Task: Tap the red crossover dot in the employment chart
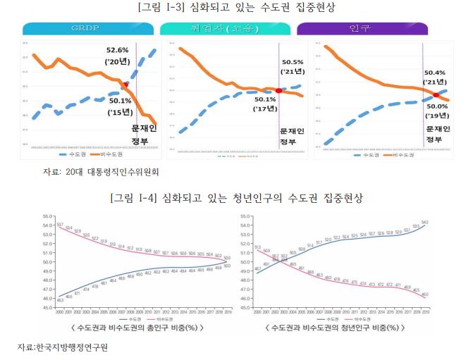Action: point(279,91)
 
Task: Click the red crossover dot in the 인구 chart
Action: point(436,94)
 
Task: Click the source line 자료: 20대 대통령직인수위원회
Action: point(101,171)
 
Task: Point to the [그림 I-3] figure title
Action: point(235,8)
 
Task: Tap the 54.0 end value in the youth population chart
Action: point(444,223)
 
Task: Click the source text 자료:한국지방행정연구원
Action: point(64,348)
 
